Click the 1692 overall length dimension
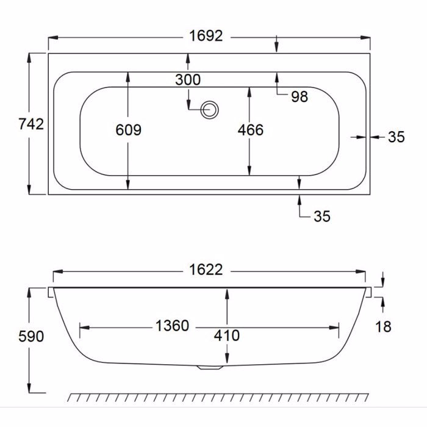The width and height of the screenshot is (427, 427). click(206, 36)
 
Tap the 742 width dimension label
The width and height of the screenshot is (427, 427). click(31, 124)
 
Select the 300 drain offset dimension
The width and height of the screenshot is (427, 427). click(188, 80)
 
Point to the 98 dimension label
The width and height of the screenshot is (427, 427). click(300, 96)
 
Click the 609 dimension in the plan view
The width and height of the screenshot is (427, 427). click(128, 129)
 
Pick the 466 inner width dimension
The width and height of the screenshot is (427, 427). click(251, 129)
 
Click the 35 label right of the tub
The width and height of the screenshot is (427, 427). click(396, 137)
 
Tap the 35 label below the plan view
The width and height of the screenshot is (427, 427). click(322, 216)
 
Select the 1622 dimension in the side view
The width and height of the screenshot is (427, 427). click(206, 270)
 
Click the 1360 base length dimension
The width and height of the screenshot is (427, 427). click(172, 326)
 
